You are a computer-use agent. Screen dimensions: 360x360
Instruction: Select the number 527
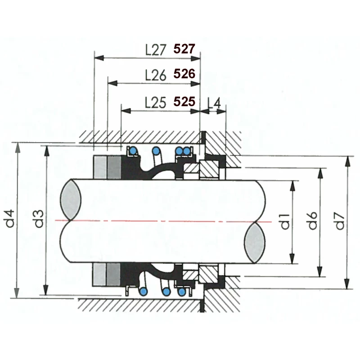click(184, 49)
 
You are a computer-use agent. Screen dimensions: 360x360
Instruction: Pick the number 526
click(184, 74)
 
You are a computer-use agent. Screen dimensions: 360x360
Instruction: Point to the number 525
click(184, 102)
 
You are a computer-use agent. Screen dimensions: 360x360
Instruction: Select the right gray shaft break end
click(254, 243)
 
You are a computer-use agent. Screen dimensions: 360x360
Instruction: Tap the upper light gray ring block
click(99, 167)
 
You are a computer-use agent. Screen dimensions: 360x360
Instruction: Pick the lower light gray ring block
click(99, 274)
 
